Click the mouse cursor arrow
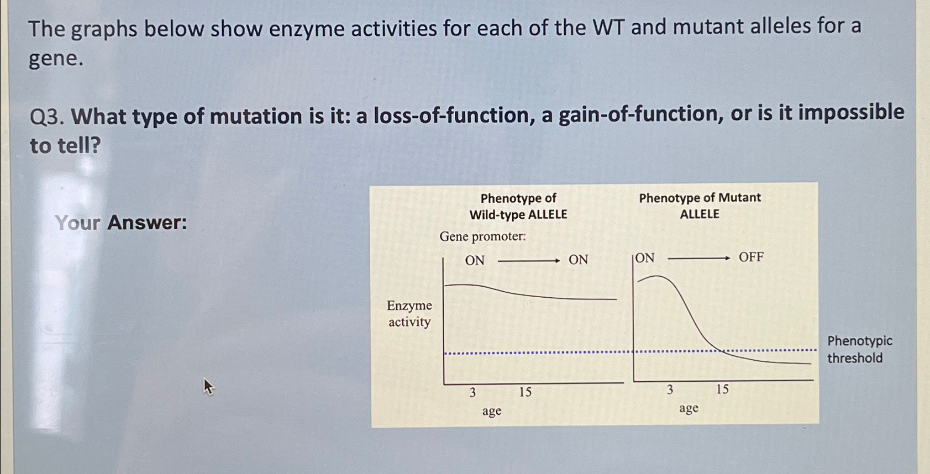(208, 386)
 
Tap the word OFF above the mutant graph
(751, 257)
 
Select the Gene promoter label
(482, 237)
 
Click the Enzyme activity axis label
(409, 314)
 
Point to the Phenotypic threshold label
(859, 349)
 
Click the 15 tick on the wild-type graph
(525, 392)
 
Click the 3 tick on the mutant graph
(670, 390)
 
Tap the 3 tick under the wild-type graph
(472, 393)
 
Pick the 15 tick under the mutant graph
(722, 389)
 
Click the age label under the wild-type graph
(491, 411)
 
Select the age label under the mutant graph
(689, 408)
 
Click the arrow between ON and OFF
(698, 258)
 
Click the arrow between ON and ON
(528, 261)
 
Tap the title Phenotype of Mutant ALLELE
(700, 206)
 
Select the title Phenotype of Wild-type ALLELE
(518, 206)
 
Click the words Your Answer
(121, 223)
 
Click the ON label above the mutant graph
(645, 259)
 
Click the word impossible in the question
(851, 113)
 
